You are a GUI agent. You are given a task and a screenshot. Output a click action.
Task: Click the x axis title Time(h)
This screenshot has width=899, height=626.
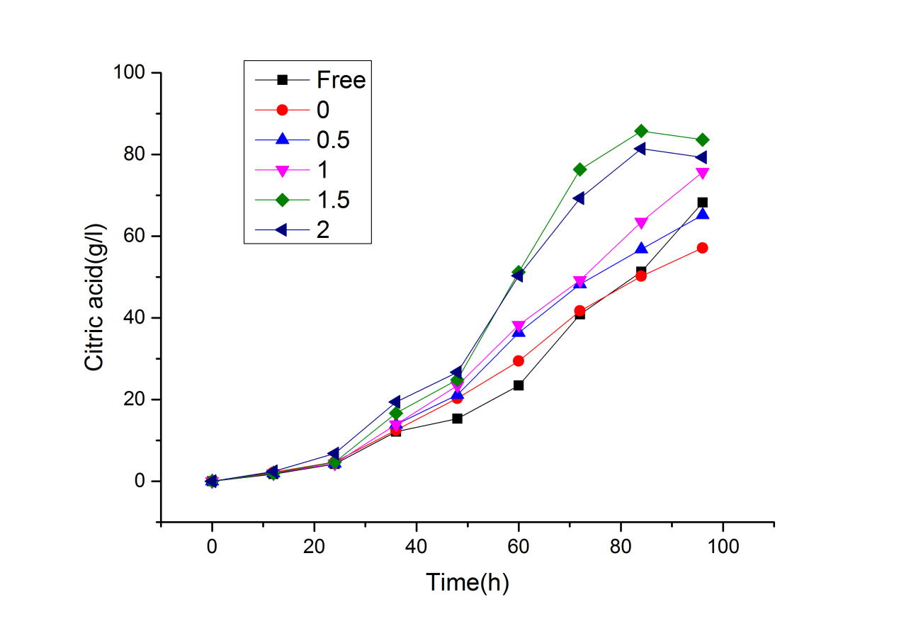click(x=468, y=582)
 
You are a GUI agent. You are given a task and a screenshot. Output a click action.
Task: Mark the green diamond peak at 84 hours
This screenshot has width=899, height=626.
click(x=641, y=131)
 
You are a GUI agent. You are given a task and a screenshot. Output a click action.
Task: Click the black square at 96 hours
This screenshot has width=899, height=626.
click(x=703, y=203)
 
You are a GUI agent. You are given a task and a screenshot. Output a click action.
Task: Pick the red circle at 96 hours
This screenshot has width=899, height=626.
click(x=703, y=248)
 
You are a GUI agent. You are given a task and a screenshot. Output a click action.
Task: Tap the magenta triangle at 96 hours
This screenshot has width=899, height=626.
click(x=703, y=173)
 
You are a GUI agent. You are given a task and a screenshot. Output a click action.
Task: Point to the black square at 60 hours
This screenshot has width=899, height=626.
click(x=519, y=385)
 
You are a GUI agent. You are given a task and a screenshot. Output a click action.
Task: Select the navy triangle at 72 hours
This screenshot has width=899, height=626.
click(x=579, y=198)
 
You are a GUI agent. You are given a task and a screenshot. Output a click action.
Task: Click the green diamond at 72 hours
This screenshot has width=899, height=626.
click(x=580, y=169)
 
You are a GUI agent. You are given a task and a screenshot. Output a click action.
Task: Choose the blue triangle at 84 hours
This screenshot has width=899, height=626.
click(x=641, y=249)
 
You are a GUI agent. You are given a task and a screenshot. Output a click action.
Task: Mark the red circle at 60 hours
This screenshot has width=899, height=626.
click(x=519, y=360)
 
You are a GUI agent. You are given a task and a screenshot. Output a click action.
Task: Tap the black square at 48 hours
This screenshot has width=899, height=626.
click(x=458, y=419)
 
